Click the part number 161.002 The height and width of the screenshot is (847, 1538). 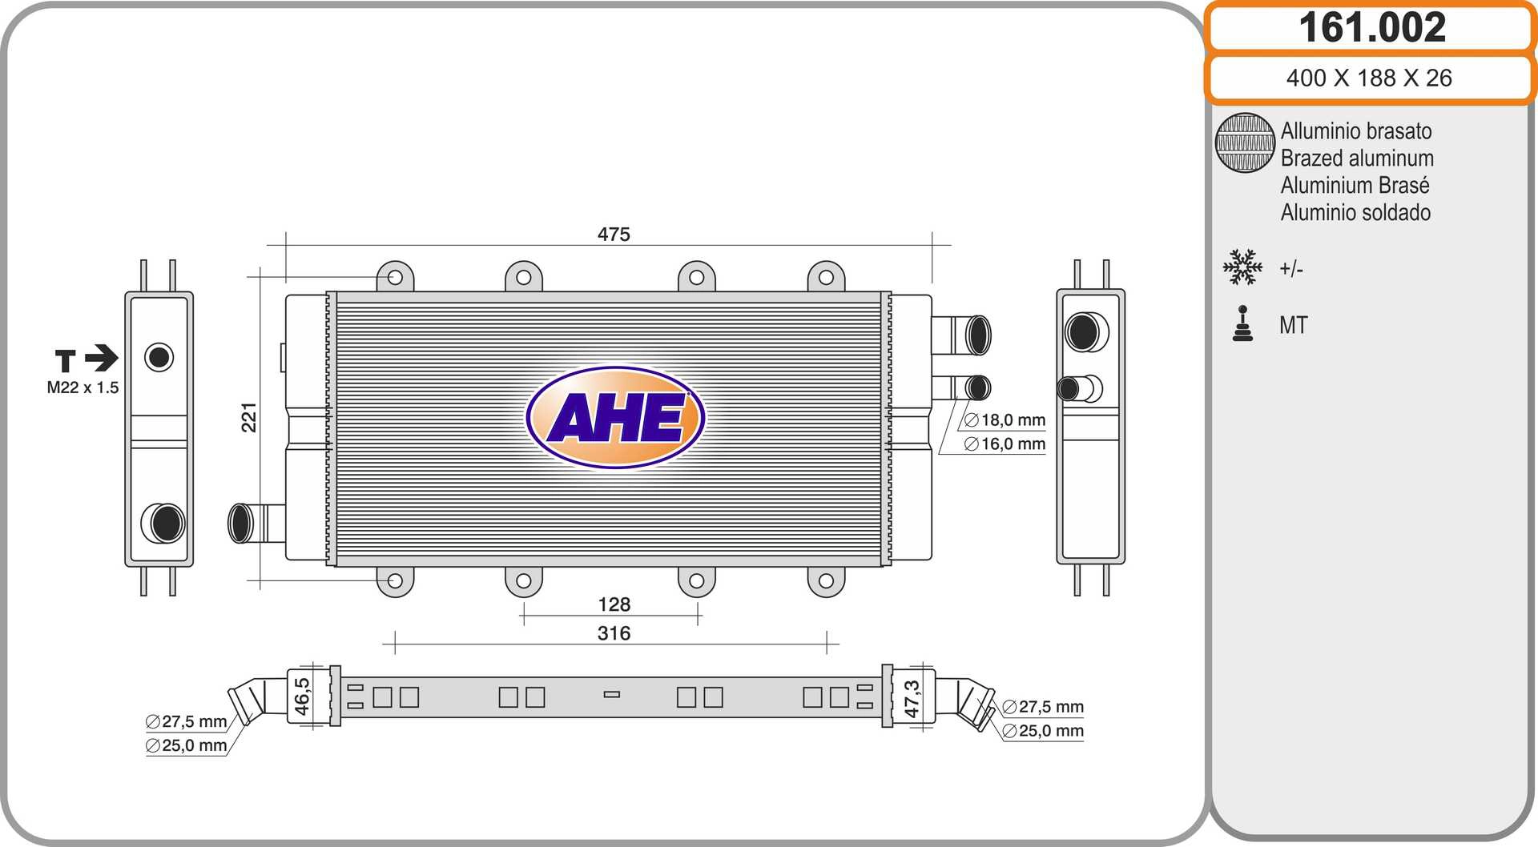click(1372, 27)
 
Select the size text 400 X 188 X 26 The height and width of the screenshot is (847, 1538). click(1369, 78)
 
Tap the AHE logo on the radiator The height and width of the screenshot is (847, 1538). click(615, 417)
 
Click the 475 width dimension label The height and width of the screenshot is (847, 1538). click(614, 234)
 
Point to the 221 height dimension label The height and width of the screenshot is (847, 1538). click(249, 417)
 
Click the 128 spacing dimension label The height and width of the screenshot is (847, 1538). click(614, 604)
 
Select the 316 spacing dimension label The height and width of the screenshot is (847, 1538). click(614, 633)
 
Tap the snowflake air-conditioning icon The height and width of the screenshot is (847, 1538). click(1242, 267)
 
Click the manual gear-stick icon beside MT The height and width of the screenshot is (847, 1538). click(1242, 323)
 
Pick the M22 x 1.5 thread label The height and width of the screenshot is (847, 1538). click(83, 387)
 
